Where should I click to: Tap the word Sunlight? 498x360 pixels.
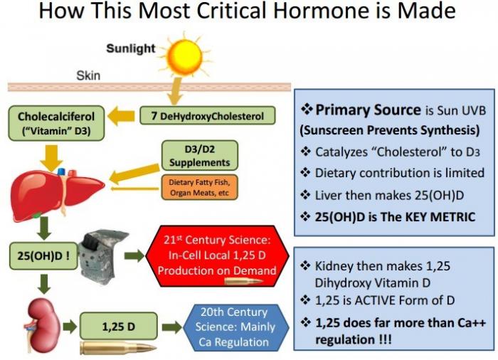tap(130, 48)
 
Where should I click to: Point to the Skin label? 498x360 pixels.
tap(88, 75)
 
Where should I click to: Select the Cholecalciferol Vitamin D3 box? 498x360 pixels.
tap(56, 123)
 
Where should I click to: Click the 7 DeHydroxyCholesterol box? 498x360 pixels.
tap(208, 115)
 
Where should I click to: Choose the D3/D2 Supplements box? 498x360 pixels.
tap(199, 156)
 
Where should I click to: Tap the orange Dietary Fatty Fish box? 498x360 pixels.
tap(199, 187)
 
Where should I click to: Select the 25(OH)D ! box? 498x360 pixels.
tap(43, 256)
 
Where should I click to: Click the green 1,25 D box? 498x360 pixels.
tap(119, 327)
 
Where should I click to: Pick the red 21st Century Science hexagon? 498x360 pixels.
tap(217, 256)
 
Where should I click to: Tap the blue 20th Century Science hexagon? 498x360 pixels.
tap(235, 327)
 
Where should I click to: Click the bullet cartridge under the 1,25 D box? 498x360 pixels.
tap(118, 348)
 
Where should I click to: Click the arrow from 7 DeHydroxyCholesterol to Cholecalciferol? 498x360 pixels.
tap(121, 116)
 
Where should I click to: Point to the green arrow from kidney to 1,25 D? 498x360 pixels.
tap(70, 327)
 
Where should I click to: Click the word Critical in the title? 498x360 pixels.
tap(233, 11)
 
